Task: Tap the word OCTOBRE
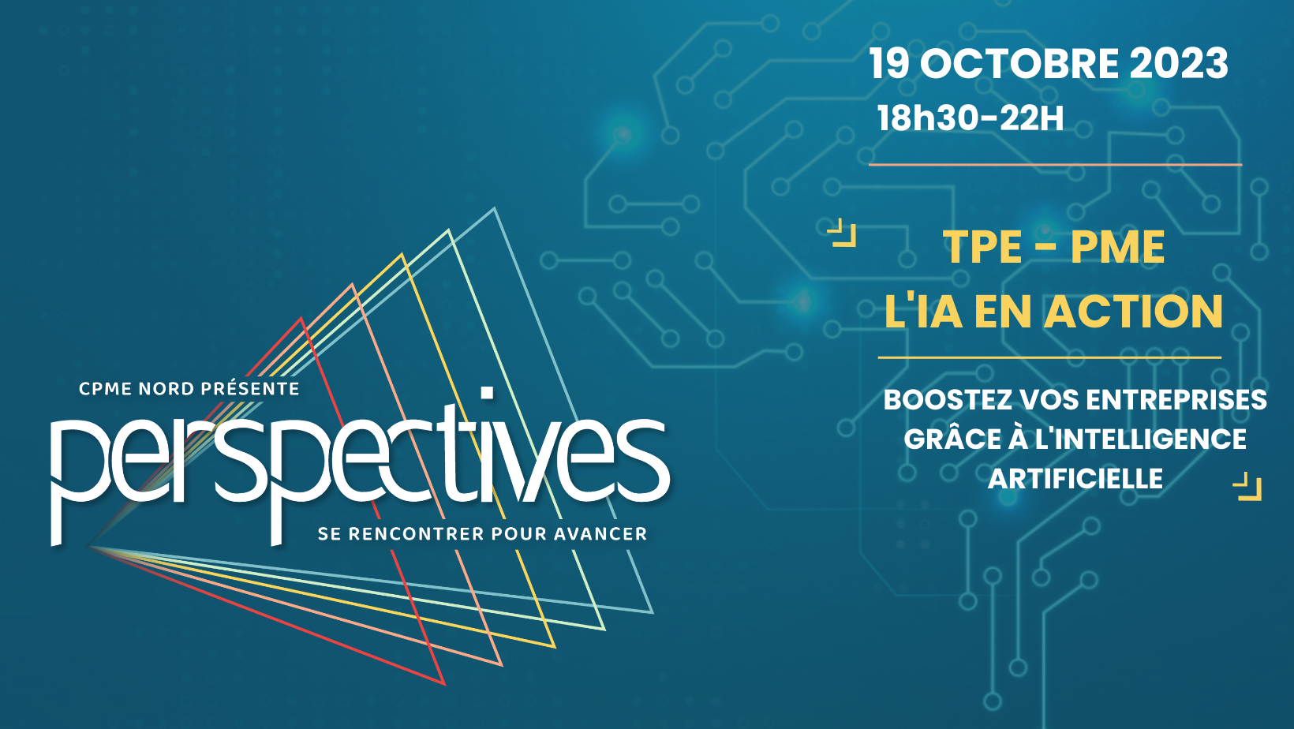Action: [1019, 63]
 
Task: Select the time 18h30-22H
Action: [970, 118]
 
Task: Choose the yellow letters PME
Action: [1117, 247]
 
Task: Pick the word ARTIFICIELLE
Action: [1075, 479]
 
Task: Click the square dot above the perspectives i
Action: [488, 393]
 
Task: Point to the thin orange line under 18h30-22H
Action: [1056, 165]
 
